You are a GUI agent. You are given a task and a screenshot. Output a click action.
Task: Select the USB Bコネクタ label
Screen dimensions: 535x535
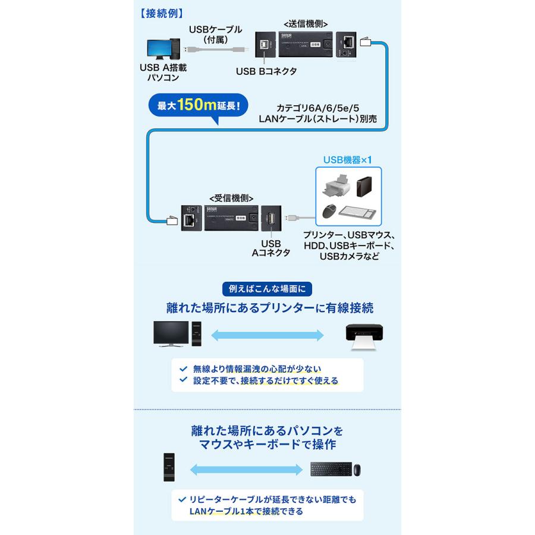(266, 71)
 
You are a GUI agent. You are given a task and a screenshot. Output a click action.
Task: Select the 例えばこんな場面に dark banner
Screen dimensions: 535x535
(267, 289)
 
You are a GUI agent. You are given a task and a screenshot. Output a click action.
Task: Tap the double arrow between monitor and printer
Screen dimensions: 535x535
(267, 335)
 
